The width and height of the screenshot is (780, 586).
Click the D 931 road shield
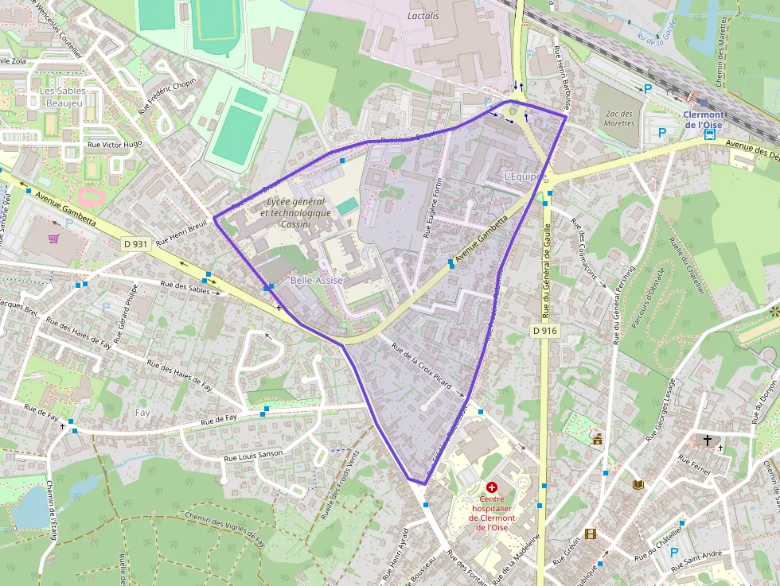click(x=135, y=244)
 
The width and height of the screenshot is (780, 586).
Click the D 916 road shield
click(x=544, y=329)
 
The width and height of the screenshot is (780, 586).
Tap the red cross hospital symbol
click(x=491, y=486)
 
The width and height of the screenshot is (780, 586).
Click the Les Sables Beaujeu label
click(x=63, y=97)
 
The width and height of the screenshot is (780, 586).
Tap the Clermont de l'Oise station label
click(x=704, y=119)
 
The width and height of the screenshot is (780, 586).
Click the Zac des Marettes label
click(x=619, y=118)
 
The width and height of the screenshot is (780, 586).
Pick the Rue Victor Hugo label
click(x=115, y=145)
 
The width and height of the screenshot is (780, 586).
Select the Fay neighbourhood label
click(x=142, y=413)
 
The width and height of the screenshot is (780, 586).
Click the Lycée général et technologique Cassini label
click(x=294, y=213)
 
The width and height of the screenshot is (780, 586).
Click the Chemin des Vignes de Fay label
click(x=225, y=530)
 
